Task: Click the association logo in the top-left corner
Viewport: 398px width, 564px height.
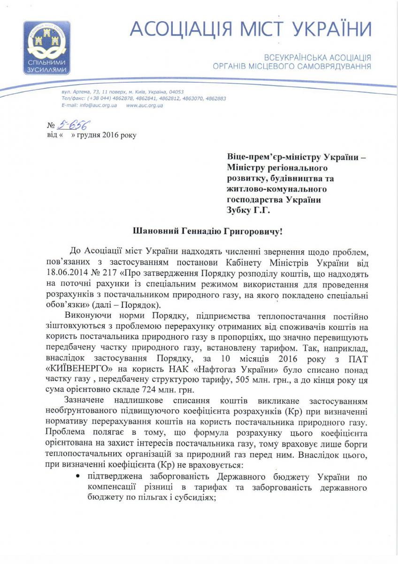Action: pos(46,47)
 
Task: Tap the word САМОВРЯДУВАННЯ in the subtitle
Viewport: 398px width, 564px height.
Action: pos(331,67)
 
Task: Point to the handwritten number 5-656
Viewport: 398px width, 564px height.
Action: pos(74,125)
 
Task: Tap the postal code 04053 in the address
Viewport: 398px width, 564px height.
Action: pos(176,92)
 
